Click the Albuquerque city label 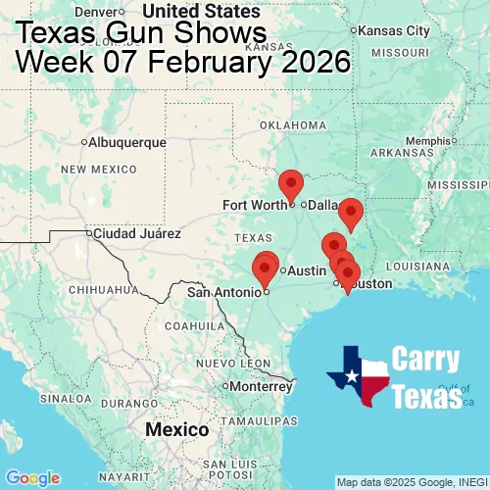127,142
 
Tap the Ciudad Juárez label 136,233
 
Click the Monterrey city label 262,386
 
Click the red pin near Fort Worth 291,183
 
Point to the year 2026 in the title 312,62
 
